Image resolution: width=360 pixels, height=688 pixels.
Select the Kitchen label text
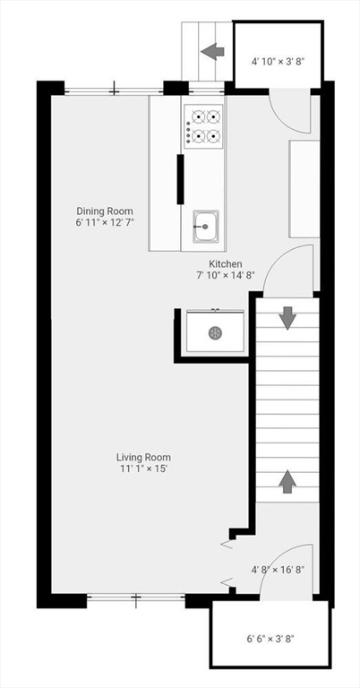point(226,264)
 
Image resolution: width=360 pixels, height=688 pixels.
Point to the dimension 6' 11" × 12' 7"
point(104,222)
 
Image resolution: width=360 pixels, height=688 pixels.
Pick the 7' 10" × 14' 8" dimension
point(226,275)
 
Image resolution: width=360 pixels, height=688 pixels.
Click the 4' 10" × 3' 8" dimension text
point(279,62)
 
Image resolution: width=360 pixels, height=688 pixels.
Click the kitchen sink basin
point(205,226)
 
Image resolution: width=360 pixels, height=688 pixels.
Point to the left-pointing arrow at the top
point(212,51)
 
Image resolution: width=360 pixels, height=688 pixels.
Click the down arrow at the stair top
point(287,318)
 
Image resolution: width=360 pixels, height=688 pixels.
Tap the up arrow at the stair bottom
point(287,481)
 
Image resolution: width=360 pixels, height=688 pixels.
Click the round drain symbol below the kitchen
point(215,332)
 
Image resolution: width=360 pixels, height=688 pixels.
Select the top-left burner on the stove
point(194,116)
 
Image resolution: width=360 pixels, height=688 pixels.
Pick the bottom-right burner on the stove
point(213,136)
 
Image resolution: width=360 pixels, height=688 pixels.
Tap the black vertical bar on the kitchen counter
point(180,179)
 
